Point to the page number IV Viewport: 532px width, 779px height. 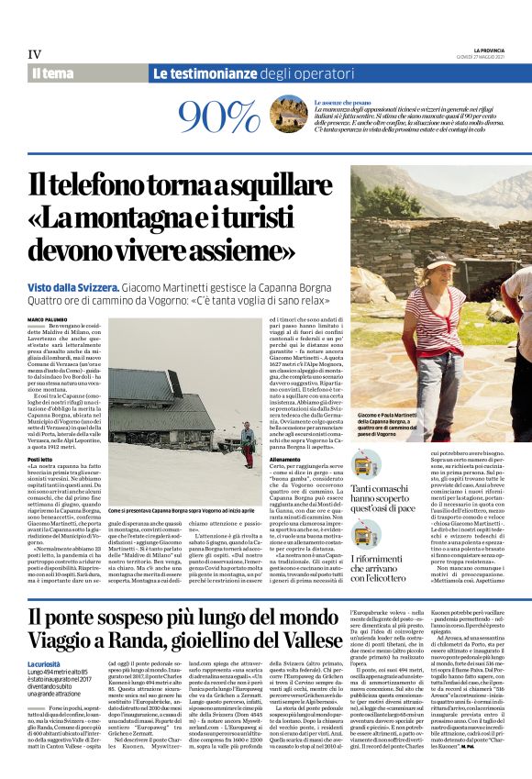click(x=35, y=54)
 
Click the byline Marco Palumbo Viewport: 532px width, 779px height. click(x=47, y=318)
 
